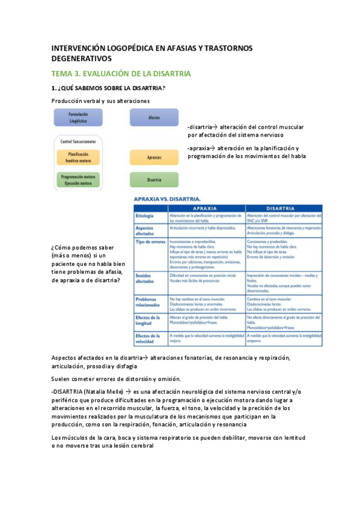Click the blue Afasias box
tap(154, 118)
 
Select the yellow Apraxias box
tap(154, 158)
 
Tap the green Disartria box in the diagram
tap(154, 179)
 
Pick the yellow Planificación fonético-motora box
tap(78, 158)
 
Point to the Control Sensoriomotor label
tap(76, 141)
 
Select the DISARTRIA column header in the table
tap(283, 209)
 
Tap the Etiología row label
tap(145, 216)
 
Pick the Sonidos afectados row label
tap(146, 277)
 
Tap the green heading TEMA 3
tap(120, 73)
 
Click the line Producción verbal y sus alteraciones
tap(100, 100)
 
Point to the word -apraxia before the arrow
tap(200, 148)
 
